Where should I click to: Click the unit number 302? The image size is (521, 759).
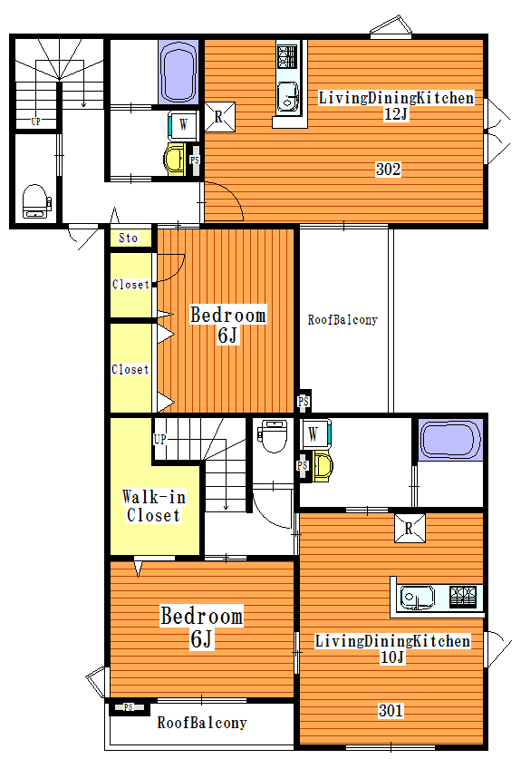point(388,169)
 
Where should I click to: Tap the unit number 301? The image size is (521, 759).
point(391,710)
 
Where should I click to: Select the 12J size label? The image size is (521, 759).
point(396,114)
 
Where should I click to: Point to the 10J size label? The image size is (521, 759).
point(392,657)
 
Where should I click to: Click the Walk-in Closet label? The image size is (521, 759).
point(153,506)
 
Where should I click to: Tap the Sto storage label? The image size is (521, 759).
point(128,238)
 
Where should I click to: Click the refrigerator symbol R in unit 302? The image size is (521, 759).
point(219,117)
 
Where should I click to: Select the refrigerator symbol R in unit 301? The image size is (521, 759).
point(410,528)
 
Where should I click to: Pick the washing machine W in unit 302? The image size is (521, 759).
point(182,125)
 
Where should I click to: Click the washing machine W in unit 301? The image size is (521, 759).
point(315,433)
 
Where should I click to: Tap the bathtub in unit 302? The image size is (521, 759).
point(178,73)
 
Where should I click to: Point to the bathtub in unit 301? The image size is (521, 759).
point(450,440)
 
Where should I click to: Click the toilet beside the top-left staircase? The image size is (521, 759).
point(36,201)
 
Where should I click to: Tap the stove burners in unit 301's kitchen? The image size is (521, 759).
point(463,597)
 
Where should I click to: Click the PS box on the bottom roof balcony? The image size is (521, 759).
point(128,707)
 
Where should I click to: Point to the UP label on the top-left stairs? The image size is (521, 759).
point(36,122)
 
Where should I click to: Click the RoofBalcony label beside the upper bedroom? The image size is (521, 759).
point(343,319)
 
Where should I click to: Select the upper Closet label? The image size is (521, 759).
point(130,284)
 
